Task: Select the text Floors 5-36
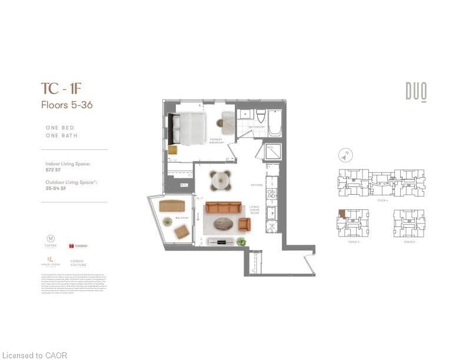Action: (x=66, y=105)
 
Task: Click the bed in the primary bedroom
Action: (x=189, y=129)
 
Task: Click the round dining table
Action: (x=221, y=179)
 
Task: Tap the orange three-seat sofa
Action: (x=223, y=208)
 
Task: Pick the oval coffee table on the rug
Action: (x=223, y=224)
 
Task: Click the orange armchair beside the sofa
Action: (x=244, y=224)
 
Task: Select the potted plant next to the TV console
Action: (x=241, y=241)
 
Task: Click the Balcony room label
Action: (x=182, y=218)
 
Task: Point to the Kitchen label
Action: (x=257, y=185)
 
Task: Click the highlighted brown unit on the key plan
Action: (x=341, y=214)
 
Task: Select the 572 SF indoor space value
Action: (x=54, y=169)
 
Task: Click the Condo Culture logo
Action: (x=79, y=262)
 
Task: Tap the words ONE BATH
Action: (x=61, y=136)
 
